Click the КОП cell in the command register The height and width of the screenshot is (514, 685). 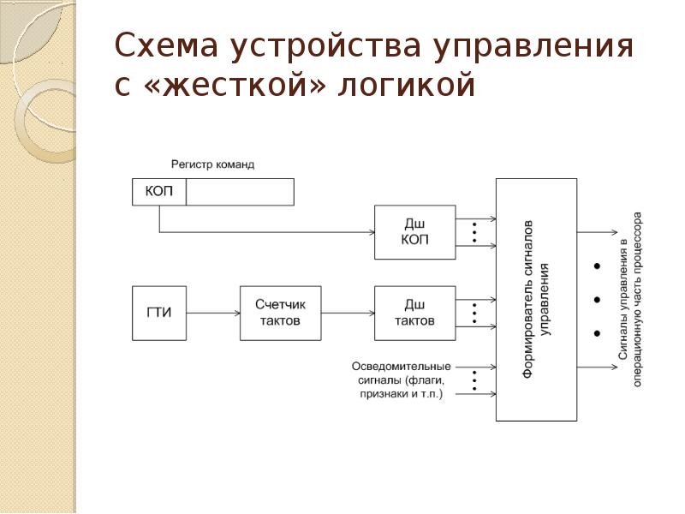(159, 192)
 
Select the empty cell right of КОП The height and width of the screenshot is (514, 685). (240, 192)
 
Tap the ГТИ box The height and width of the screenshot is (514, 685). (159, 312)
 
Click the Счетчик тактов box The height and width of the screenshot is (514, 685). (279, 312)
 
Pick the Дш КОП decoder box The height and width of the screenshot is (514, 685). (414, 232)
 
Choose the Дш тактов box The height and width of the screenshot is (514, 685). (414, 312)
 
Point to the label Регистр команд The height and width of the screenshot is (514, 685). (212, 164)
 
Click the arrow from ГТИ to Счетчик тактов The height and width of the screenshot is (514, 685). (212, 313)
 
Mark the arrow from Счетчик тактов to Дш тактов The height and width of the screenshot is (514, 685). (346, 313)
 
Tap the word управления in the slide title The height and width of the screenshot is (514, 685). (535, 47)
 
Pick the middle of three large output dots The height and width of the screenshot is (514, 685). (595, 299)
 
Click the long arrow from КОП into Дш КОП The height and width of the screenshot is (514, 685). (265, 232)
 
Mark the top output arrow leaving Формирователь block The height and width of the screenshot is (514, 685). (596, 232)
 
